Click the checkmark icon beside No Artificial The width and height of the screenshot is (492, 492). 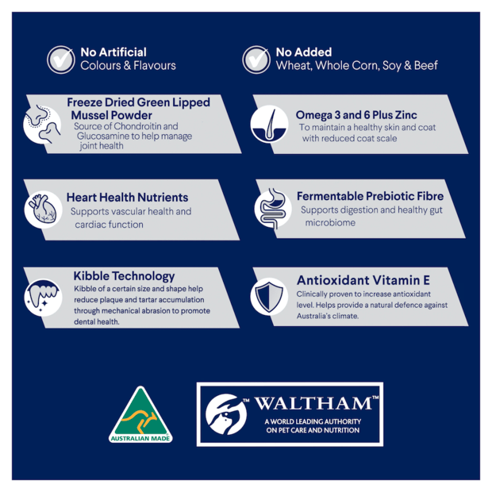coord(61,60)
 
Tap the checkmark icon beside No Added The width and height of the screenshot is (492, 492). coord(256,60)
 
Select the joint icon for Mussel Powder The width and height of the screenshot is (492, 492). coord(42,125)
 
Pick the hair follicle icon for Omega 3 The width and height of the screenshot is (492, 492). coord(269,124)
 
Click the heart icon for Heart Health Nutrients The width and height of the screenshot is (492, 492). coord(44,209)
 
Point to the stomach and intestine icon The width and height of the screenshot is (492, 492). coord(273,209)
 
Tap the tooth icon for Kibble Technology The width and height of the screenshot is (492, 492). coord(44,297)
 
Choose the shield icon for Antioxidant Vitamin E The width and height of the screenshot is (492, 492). coord(269,297)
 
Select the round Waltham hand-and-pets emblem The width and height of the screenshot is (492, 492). coord(226,414)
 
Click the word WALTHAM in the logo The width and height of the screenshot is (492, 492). coord(313,403)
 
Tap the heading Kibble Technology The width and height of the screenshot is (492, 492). coord(125,276)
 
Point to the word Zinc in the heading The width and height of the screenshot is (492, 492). coord(406,115)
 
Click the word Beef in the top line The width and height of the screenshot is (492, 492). coord(426,66)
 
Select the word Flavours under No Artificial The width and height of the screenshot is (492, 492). coord(155,66)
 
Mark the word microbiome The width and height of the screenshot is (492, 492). coord(330,223)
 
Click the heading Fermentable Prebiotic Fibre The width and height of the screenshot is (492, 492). coord(371,196)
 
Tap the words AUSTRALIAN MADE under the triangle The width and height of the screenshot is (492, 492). coord(140,438)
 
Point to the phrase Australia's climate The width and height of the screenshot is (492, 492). coord(328,316)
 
